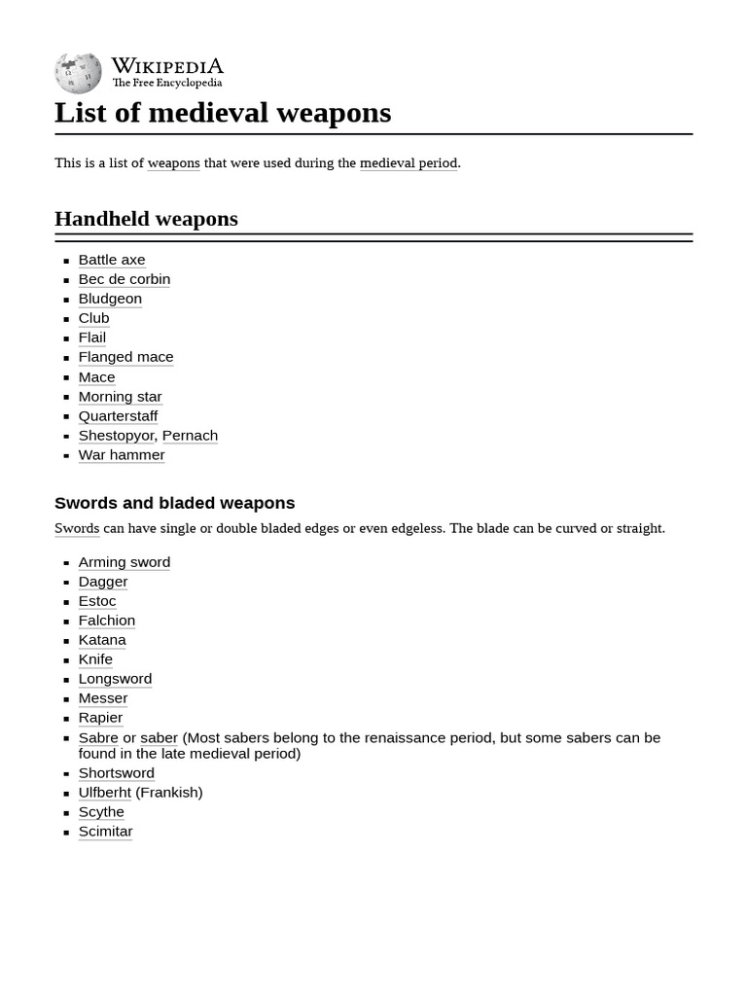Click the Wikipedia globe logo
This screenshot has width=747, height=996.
click(x=78, y=73)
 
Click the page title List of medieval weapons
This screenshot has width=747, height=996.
click(x=223, y=113)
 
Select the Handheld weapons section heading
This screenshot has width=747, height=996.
click(x=146, y=219)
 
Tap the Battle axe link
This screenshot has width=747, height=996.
click(x=112, y=260)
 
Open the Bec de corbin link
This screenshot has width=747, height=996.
click(x=124, y=279)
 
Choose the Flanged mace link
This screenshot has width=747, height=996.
click(x=125, y=357)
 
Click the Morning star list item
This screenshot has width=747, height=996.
click(x=120, y=397)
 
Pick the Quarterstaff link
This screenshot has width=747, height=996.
click(x=118, y=416)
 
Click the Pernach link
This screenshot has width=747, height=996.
click(x=190, y=436)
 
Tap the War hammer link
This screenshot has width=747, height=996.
click(x=122, y=455)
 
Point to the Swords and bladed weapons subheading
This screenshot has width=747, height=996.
click(x=174, y=503)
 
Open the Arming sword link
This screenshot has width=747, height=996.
click(x=124, y=562)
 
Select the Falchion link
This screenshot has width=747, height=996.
click(x=107, y=621)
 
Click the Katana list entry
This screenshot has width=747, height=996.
click(x=102, y=640)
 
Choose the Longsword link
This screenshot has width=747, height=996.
click(x=115, y=679)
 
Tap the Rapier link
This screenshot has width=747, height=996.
click(x=100, y=718)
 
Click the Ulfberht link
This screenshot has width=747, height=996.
click(x=104, y=793)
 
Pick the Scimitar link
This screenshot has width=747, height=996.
click(x=105, y=832)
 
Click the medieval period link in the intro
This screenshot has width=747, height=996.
click(x=409, y=163)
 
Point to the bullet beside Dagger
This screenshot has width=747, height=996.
click(x=66, y=583)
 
